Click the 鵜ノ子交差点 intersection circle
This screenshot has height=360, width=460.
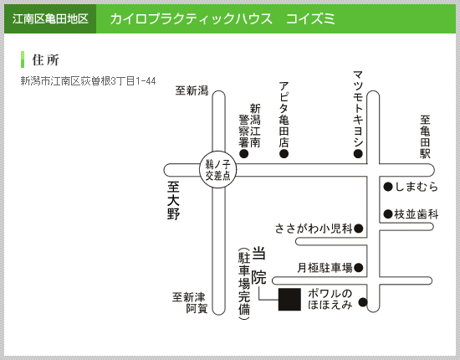coord(217,170)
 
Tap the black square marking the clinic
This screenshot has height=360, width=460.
coord(289,299)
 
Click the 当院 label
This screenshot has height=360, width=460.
coord(258,266)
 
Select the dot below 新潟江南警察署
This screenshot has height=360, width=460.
coord(244,153)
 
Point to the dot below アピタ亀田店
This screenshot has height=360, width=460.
coord(284,153)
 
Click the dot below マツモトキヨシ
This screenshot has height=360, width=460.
coord(358,153)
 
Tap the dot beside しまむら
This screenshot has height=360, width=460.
coord(388,187)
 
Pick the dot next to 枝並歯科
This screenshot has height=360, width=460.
coord(388,214)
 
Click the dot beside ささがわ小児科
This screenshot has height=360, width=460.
coord(359,229)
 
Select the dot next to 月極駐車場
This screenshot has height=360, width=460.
coord(359,268)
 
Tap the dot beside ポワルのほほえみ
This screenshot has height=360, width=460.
coord(363,302)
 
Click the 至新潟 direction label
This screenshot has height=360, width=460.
coord(192,90)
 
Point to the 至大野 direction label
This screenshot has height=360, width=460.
coord(173,201)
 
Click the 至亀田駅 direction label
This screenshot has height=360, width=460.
coord(425,136)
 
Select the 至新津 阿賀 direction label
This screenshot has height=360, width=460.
coord(190,303)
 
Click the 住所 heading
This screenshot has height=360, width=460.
coord(45,60)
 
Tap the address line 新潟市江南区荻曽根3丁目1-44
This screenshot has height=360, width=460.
coord(88,81)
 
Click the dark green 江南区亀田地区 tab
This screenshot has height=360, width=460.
coord(50,18)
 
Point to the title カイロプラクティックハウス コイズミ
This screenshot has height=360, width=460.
coord(222,19)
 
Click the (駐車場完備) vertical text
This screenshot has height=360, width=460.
coord(244,284)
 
